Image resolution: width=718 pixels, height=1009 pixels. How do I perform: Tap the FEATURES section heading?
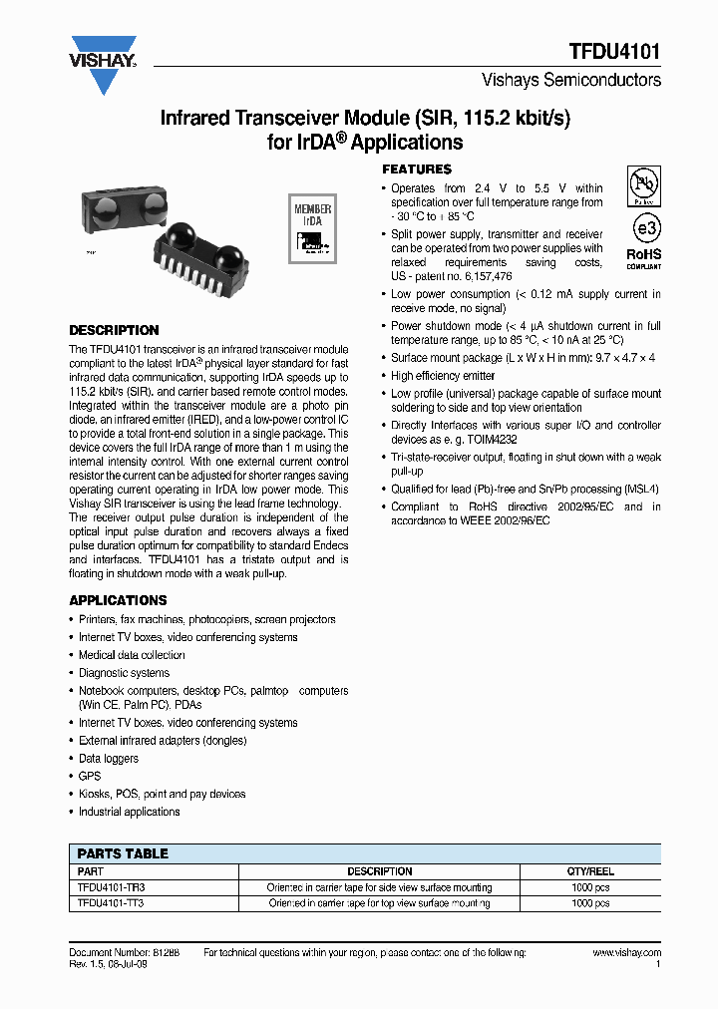(x=417, y=169)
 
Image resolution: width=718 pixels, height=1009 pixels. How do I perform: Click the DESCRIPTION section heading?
(x=114, y=330)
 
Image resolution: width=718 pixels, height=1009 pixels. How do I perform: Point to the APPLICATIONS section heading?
(x=118, y=600)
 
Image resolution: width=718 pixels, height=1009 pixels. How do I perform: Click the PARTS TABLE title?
(x=123, y=853)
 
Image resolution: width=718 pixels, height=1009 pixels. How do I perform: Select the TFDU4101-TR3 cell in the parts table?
(x=104, y=887)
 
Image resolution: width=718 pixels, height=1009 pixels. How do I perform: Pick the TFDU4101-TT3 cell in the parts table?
(x=104, y=903)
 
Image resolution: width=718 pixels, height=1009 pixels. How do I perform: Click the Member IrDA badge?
(x=311, y=228)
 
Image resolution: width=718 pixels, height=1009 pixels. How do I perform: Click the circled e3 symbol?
(x=645, y=228)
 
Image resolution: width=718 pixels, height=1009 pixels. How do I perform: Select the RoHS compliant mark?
(x=643, y=258)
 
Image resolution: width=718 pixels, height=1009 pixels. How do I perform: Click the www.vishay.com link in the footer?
(x=626, y=953)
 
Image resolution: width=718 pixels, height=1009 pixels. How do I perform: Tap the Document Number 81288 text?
(x=118, y=953)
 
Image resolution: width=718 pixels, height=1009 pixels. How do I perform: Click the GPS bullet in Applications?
(x=90, y=776)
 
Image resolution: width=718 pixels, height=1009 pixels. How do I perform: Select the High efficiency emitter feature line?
(x=443, y=376)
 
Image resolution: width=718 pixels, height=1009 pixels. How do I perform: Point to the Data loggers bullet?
(x=110, y=759)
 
